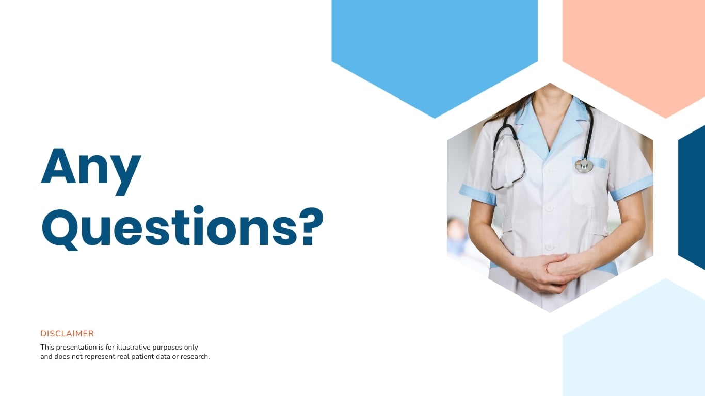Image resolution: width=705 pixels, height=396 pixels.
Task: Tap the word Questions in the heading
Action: click(x=170, y=227)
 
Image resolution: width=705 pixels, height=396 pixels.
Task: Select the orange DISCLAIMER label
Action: click(x=67, y=334)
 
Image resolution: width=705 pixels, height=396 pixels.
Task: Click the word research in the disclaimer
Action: click(x=195, y=356)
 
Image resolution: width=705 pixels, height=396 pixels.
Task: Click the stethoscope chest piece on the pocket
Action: click(x=584, y=165)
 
